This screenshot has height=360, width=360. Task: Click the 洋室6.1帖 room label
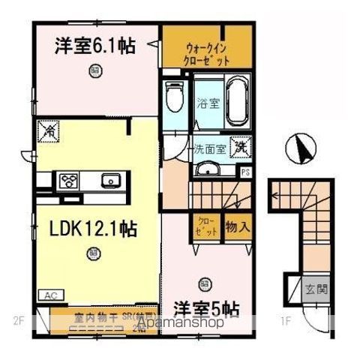[x=94, y=46]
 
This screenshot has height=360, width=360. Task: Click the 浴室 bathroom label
[x=208, y=103]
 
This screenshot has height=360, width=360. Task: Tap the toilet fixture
[x=174, y=97]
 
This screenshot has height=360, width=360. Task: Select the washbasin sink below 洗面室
[x=208, y=169]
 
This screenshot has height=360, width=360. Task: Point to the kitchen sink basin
[x=109, y=180]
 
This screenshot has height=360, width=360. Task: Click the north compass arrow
[x=301, y=148]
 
